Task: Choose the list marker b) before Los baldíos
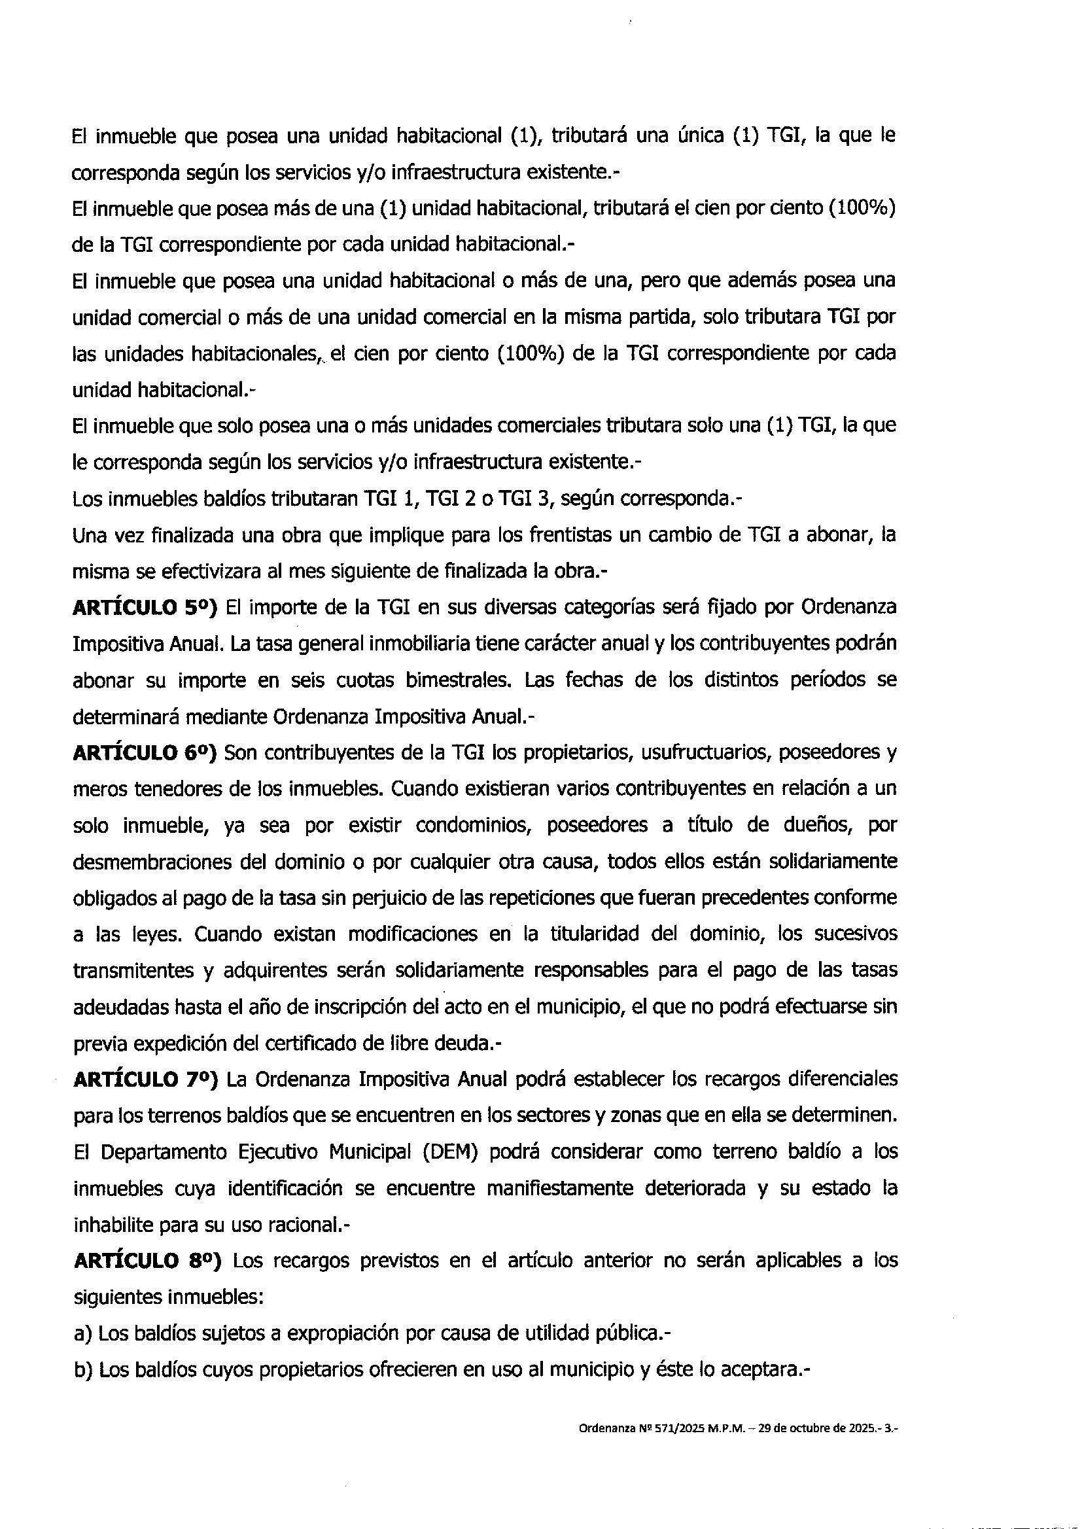[82, 1370]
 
